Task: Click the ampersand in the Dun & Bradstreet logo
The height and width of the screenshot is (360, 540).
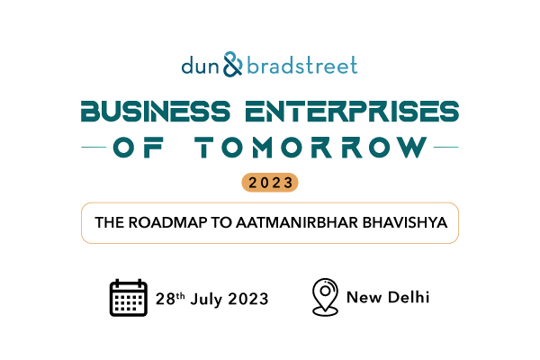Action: [x=233, y=65]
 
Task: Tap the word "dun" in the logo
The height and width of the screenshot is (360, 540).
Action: [x=200, y=65]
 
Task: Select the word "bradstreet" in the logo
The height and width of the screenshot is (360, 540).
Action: [x=302, y=65]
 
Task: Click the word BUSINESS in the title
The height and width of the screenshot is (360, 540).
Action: [x=156, y=112]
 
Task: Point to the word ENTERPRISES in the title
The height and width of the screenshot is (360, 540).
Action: [x=352, y=112]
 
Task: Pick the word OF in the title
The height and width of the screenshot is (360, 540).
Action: [x=138, y=147]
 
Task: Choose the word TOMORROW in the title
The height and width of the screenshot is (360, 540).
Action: [x=311, y=147]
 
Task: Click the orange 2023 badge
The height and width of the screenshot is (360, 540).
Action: [x=270, y=182]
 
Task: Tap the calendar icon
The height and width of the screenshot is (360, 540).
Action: [x=129, y=298]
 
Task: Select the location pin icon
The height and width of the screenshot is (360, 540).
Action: [x=325, y=297]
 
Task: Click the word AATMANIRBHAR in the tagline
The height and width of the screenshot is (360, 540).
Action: [x=297, y=222]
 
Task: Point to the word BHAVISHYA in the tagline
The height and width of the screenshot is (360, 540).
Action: [x=405, y=222]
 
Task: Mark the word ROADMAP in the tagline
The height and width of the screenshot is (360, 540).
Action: [x=167, y=222]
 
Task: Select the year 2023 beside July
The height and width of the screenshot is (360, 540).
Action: [x=248, y=299]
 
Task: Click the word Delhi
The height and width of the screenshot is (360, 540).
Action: [x=409, y=297]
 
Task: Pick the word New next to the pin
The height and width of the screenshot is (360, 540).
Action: [x=364, y=298]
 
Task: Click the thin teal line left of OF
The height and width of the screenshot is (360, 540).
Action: [x=94, y=147]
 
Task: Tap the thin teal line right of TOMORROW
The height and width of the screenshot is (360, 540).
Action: [x=446, y=147]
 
